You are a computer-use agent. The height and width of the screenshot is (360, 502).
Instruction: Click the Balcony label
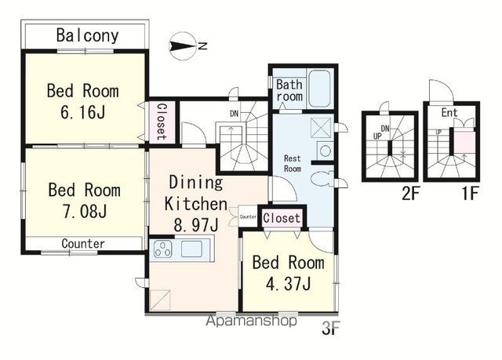tap(87, 35)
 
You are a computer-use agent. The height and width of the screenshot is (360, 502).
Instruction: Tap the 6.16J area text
tap(83, 112)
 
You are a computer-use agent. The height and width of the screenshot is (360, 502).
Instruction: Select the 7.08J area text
tap(85, 212)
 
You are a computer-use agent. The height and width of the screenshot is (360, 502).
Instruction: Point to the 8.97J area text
tap(196, 225)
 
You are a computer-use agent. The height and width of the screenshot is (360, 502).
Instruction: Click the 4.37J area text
tap(289, 284)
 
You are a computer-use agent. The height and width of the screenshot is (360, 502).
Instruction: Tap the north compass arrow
tap(183, 46)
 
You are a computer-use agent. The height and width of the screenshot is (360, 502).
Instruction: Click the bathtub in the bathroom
tap(319, 89)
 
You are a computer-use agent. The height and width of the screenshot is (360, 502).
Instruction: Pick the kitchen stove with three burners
tap(163, 249)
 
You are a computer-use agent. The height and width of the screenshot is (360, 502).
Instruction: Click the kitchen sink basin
tap(191, 249)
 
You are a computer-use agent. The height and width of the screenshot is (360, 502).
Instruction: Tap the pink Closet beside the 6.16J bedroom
tap(162, 122)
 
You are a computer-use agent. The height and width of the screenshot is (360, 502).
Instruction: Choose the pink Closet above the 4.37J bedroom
tap(282, 218)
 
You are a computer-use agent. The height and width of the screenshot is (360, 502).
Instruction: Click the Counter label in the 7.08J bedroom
tap(83, 244)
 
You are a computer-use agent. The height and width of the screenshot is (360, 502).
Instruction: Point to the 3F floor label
tap(330, 328)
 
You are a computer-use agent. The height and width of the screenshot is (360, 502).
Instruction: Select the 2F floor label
tap(410, 194)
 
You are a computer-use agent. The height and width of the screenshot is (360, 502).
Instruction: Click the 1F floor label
tap(470, 194)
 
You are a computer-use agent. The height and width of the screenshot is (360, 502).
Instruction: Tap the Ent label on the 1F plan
tap(449, 112)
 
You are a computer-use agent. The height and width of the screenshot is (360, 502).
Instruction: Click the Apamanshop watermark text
tap(251, 321)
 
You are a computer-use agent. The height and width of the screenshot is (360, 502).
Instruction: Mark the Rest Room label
tap(293, 163)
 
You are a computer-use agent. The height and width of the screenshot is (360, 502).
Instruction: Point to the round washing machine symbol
tap(326, 151)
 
